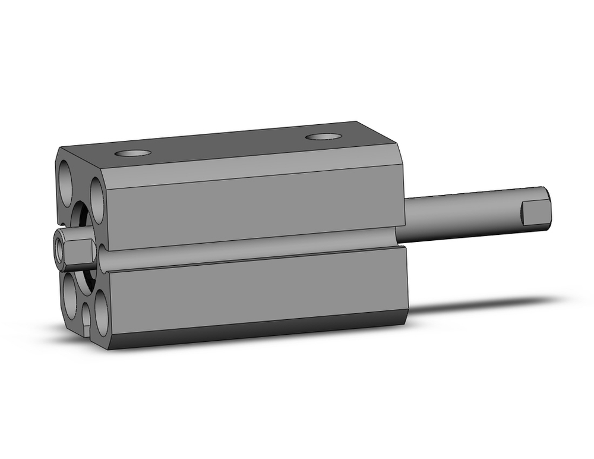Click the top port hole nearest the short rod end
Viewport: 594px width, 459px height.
133,153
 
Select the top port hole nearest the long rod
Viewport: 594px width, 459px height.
324,137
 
